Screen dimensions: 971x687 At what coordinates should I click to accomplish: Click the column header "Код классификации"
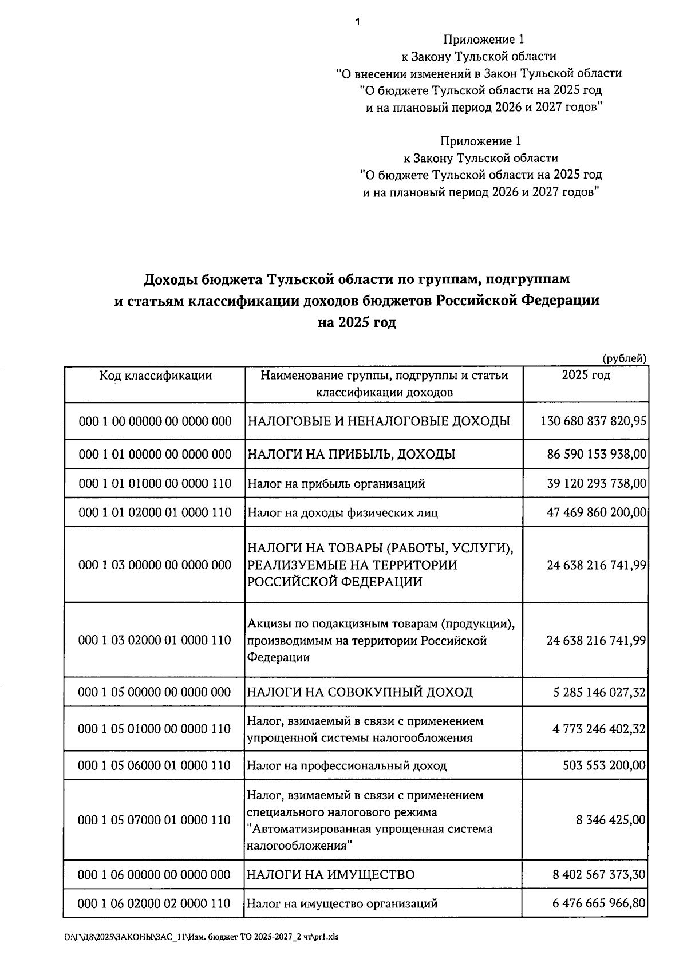coord(155,376)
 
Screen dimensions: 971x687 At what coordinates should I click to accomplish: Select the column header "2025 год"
coord(586,375)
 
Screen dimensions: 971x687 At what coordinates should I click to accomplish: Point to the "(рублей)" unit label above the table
coord(625,359)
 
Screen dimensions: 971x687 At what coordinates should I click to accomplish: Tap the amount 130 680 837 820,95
coord(594,421)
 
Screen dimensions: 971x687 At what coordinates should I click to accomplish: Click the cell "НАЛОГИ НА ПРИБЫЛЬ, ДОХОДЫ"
coord(351,455)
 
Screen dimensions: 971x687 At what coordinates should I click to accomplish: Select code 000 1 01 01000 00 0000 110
coord(155,484)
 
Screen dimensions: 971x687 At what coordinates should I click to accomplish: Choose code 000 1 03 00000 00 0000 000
coord(155,565)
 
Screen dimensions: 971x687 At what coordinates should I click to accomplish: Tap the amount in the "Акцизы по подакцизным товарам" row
coord(597,640)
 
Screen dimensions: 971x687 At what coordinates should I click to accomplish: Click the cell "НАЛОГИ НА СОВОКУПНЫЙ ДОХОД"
coord(360,692)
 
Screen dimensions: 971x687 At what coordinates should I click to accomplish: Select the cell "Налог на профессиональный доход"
coord(346,766)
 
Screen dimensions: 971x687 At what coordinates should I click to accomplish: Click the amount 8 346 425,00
coord(611,820)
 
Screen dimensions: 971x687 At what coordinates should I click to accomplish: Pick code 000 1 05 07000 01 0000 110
coord(155,820)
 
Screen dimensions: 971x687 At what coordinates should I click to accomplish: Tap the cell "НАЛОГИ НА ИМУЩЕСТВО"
coord(330,875)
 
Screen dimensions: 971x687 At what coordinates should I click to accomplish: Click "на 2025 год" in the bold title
coord(357,323)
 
